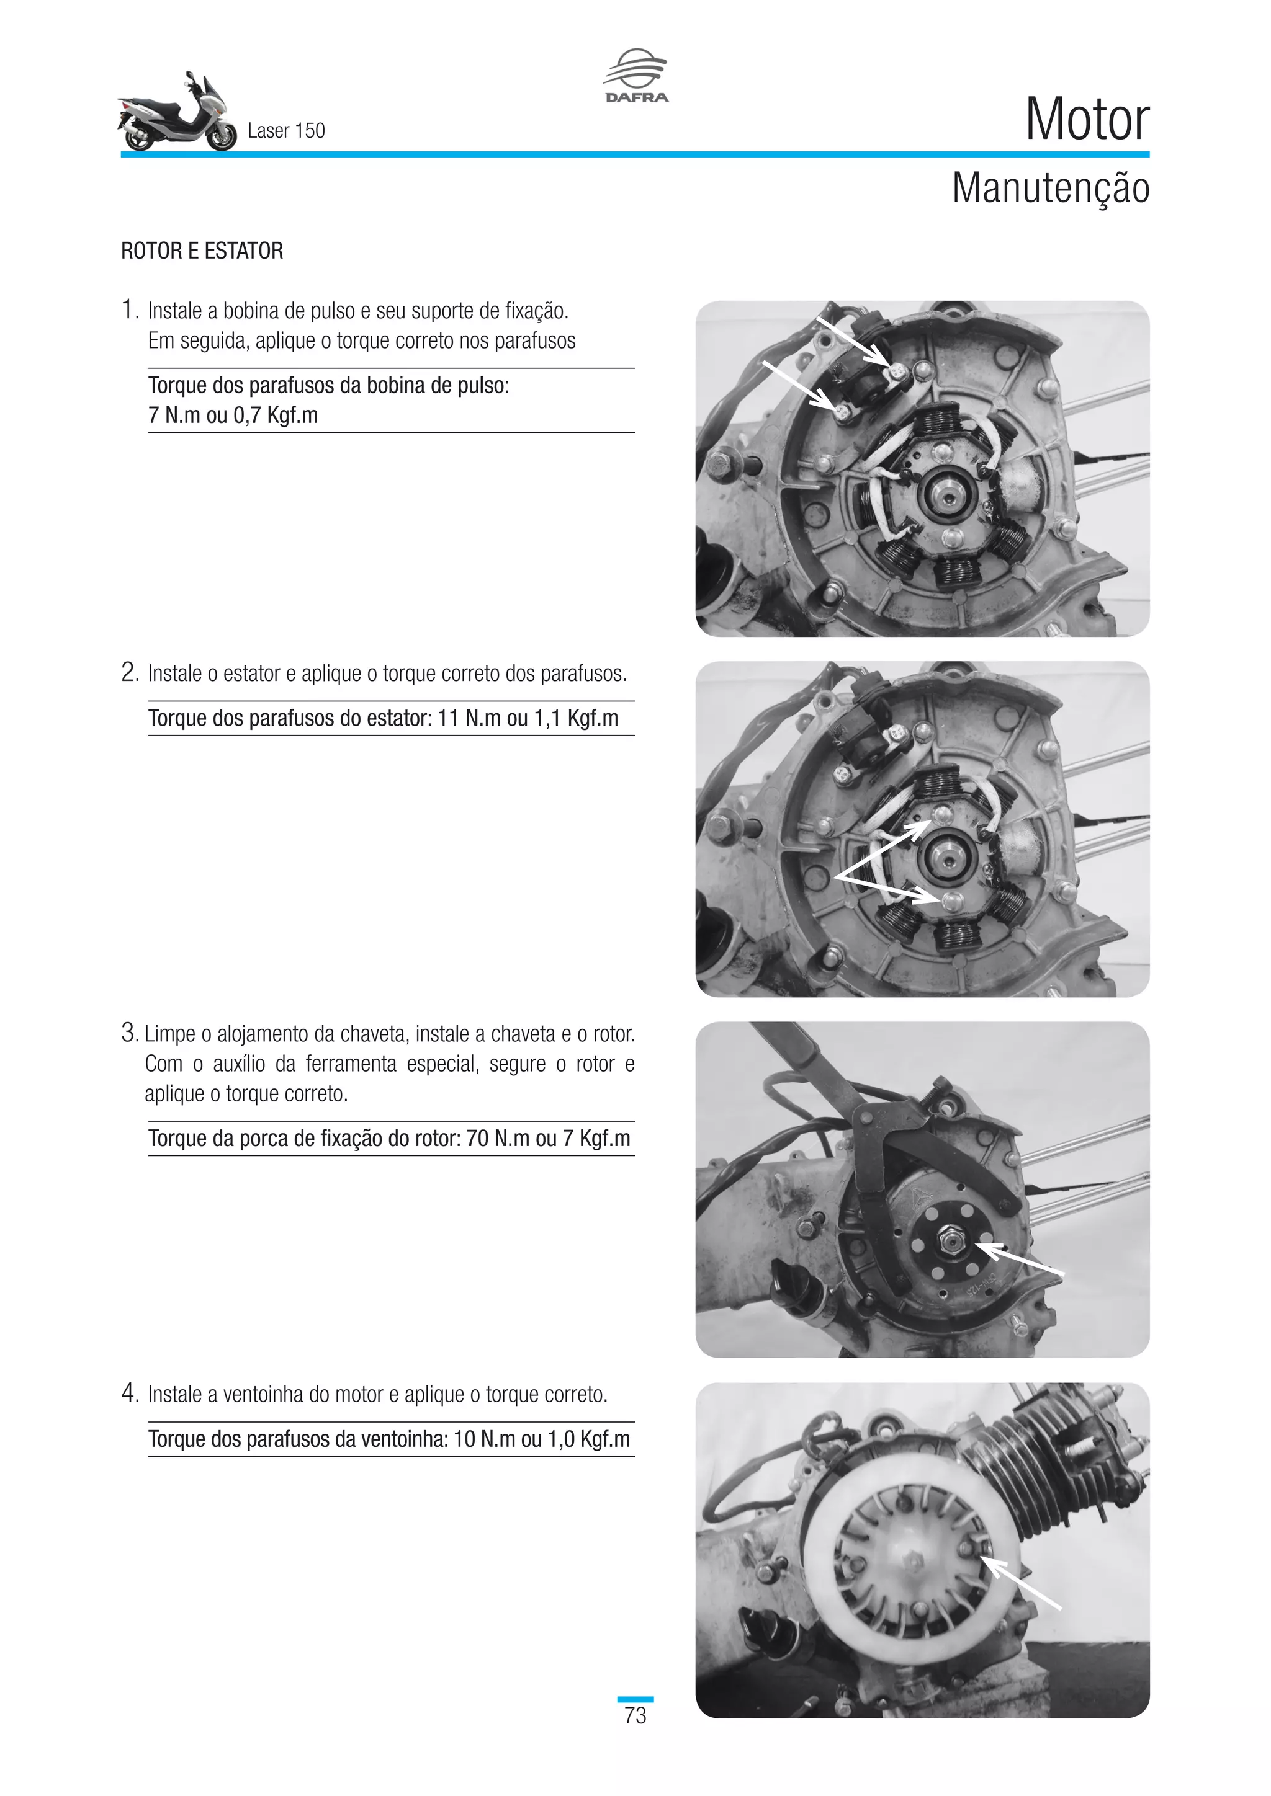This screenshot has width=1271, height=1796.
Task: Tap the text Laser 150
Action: pyautogui.click(x=285, y=131)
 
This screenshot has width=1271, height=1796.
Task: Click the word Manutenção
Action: pyautogui.click(x=1049, y=189)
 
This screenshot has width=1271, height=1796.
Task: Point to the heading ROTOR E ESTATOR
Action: pyautogui.click(x=202, y=251)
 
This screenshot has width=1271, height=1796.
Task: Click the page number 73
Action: pyautogui.click(x=635, y=1715)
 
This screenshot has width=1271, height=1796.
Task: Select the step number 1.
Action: pyautogui.click(x=129, y=311)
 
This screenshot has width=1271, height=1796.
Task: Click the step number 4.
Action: pyautogui.click(x=129, y=1393)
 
